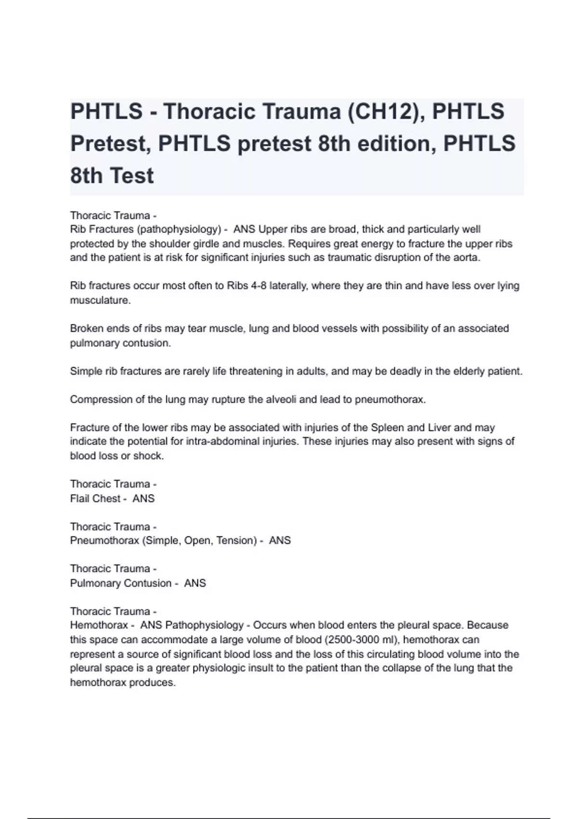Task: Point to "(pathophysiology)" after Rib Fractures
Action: pyautogui.click(x=179, y=229)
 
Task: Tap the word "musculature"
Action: pyautogui.click(x=100, y=300)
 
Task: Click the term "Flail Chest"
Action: pyautogui.click(x=95, y=499)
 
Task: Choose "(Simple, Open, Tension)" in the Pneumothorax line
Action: pyautogui.click(x=199, y=541)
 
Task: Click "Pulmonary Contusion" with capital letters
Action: pyautogui.click(x=120, y=583)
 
